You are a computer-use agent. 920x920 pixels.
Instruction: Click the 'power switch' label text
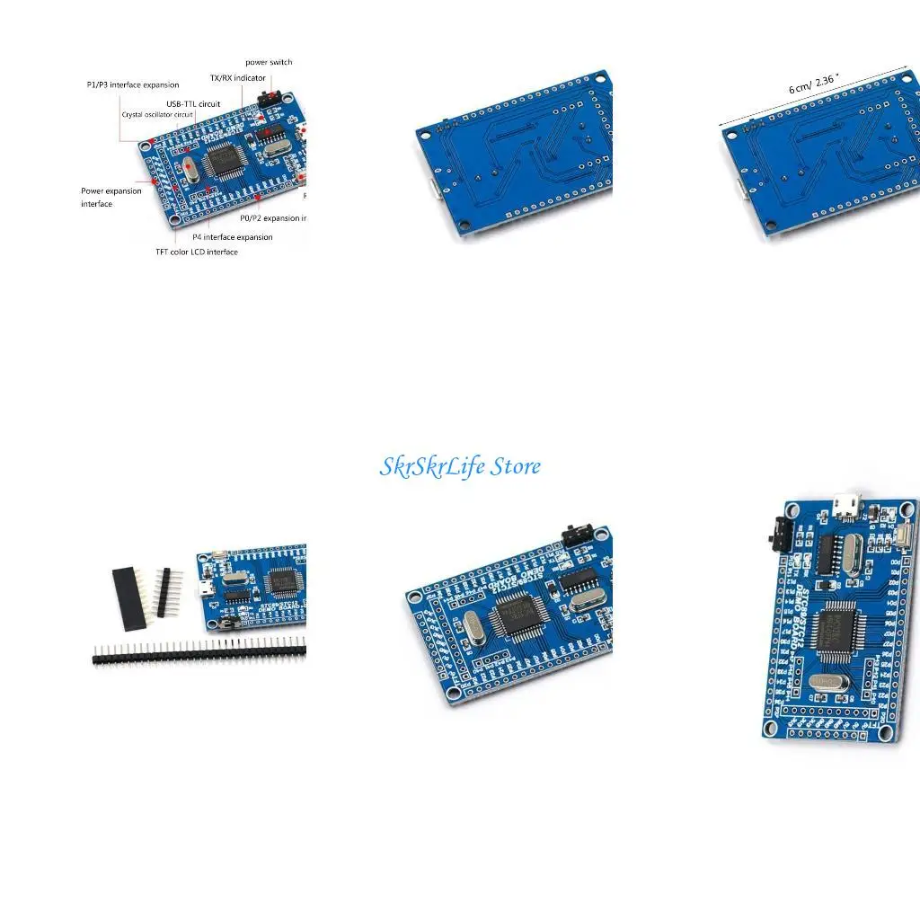click(x=269, y=62)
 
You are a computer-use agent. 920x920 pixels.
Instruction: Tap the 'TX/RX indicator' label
click(x=238, y=78)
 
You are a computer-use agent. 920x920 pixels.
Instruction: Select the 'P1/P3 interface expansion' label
click(x=133, y=84)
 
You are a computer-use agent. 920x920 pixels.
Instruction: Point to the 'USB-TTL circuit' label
click(x=193, y=104)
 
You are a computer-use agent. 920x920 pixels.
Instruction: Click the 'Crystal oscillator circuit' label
click(x=158, y=115)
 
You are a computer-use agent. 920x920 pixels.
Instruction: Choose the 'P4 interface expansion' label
click(x=233, y=237)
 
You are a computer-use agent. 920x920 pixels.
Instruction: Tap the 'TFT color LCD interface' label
click(x=197, y=252)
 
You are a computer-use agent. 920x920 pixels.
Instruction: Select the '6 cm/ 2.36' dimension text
click(x=814, y=84)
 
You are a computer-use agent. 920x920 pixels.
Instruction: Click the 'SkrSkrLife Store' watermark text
click(x=460, y=466)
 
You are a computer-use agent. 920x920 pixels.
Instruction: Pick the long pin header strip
click(x=199, y=652)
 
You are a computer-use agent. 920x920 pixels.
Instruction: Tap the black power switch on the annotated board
click(x=267, y=96)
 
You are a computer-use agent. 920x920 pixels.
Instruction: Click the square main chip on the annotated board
click(x=226, y=163)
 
